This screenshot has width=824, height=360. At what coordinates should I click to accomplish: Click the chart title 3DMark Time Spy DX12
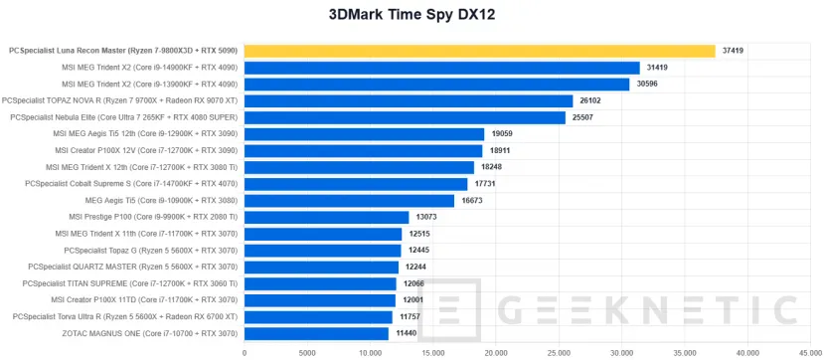(x=412, y=15)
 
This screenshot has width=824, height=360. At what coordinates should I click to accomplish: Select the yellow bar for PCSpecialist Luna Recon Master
(x=479, y=51)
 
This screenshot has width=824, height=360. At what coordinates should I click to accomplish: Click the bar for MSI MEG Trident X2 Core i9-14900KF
(x=441, y=68)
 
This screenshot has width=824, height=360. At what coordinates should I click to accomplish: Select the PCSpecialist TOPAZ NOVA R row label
(x=120, y=100)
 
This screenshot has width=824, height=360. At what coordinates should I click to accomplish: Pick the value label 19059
(x=502, y=134)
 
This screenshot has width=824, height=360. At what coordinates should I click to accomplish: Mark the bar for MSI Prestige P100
(x=326, y=217)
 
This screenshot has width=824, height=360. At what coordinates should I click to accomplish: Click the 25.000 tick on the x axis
(x=560, y=351)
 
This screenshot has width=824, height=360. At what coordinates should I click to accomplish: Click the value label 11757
(x=410, y=316)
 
